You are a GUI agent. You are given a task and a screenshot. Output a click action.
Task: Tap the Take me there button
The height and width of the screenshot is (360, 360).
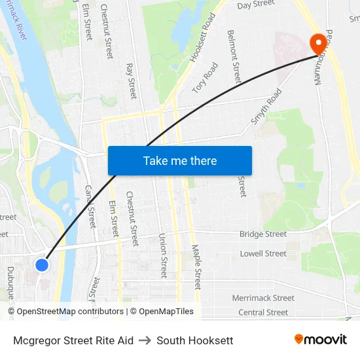(x=180, y=160)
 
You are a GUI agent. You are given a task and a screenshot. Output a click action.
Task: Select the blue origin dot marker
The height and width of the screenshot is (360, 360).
(x=42, y=264)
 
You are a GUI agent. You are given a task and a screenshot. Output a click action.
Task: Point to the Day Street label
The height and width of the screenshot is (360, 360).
(x=255, y=5)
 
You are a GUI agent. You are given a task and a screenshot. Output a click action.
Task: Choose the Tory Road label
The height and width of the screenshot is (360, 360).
(x=205, y=77)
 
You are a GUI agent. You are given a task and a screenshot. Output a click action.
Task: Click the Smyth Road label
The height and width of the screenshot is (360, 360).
(x=266, y=107)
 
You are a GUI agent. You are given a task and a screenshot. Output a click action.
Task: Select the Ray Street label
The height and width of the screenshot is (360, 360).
(x=131, y=81)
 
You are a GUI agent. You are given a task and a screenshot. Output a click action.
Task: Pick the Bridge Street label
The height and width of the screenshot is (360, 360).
(x=263, y=234)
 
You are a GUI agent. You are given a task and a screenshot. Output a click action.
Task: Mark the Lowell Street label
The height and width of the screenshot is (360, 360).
(x=263, y=253)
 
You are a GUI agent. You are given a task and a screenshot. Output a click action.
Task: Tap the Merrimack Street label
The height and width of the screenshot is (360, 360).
(x=263, y=298)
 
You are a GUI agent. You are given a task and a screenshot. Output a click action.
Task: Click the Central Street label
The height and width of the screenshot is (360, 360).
(x=263, y=312)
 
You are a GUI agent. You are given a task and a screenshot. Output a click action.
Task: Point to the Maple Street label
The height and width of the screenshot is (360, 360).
(x=196, y=267)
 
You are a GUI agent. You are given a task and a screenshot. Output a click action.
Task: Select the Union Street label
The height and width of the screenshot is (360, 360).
(x=163, y=257)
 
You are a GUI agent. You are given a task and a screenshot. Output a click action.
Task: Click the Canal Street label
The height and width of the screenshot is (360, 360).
(x=90, y=206)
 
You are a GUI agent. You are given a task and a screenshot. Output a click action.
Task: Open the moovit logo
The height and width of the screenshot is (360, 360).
(x=321, y=340)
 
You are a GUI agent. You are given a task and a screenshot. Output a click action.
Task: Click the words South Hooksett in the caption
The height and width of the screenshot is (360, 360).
(x=195, y=340)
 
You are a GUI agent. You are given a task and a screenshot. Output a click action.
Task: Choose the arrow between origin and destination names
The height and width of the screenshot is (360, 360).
(x=145, y=340)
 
